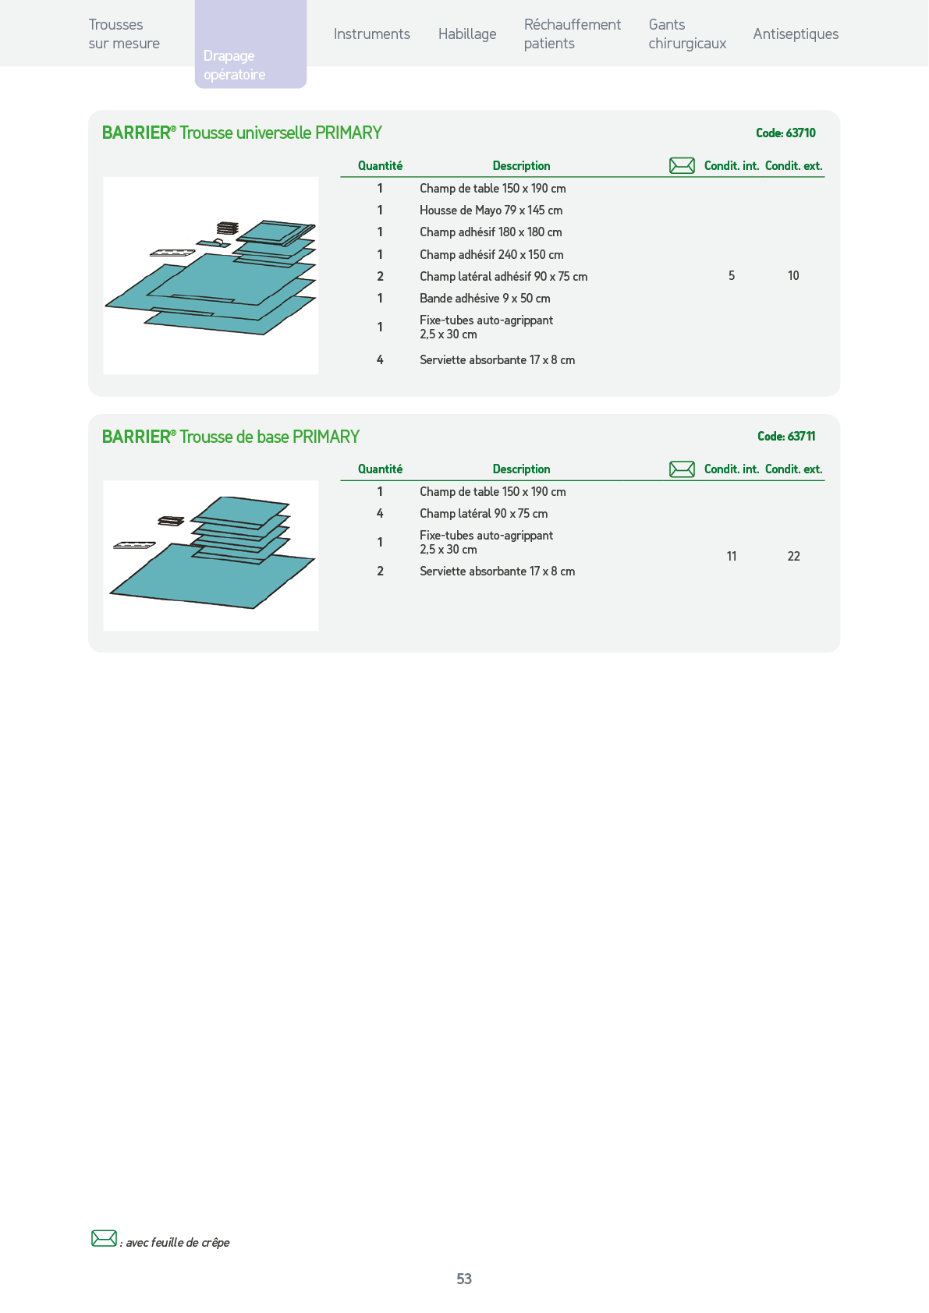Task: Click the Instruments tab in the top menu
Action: click(372, 34)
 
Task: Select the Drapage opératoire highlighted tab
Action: click(250, 44)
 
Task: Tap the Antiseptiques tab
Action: click(796, 34)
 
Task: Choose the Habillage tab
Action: click(467, 34)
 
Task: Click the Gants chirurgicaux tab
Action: click(687, 34)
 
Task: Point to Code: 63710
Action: click(786, 133)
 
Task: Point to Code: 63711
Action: click(786, 436)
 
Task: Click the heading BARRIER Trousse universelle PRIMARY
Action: click(242, 133)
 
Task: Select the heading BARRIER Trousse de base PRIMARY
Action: click(230, 437)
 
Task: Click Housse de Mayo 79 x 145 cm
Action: click(491, 211)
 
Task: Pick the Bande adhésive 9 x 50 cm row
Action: click(485, 299)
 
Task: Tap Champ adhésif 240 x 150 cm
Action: click(491, 254)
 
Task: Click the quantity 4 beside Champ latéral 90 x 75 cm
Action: click(380, 514)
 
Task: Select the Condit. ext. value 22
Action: click(793, 556)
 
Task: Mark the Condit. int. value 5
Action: click(732, 275)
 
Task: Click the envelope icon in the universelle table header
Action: click(682, 166)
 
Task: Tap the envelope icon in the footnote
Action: click(105, 1238)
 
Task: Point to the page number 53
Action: click(464, 1279)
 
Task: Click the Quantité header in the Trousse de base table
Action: click(380, 469)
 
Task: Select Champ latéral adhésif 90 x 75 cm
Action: click(503, 277)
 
